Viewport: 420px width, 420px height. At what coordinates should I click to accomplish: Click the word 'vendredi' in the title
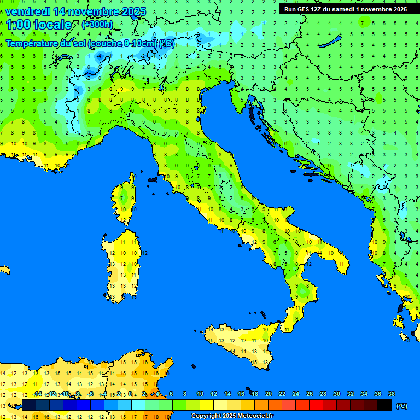[27, 11]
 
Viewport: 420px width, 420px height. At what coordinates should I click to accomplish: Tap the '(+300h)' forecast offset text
[97, 24]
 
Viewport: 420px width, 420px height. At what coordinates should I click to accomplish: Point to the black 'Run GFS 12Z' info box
[345, 9]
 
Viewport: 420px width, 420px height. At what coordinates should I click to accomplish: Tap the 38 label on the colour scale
[391, 394]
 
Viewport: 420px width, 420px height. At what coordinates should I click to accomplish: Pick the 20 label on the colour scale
[268, 394]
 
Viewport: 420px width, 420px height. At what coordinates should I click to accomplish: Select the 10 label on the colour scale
[200, 394]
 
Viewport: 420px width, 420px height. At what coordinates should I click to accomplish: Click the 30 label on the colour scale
[336, 394]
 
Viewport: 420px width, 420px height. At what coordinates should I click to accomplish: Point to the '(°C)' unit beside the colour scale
[402, 406]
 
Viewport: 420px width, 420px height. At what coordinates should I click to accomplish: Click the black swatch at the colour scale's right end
[384, 405]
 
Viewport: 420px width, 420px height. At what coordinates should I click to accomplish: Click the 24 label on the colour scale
[295, 394]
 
